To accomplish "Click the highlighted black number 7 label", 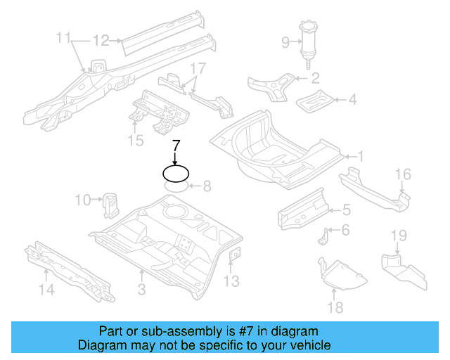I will [x=176, y=146].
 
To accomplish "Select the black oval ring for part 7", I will [x=176, y=172].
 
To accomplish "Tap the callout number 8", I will [x=207, y=186].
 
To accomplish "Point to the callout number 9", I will [x=285, y=43].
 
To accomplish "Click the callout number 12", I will [x=101, y=41].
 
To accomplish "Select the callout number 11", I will [x=64, y=37].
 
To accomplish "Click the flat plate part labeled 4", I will [x=315, y=100].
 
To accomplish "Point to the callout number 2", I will [x=315, y=78].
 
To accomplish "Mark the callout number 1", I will [x=360, y=156].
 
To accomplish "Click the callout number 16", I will [x=402, y=174].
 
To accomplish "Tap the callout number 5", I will [x=346, y=209].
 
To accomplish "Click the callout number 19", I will [x=399, y=236].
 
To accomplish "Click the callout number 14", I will [x=46, y=289].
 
